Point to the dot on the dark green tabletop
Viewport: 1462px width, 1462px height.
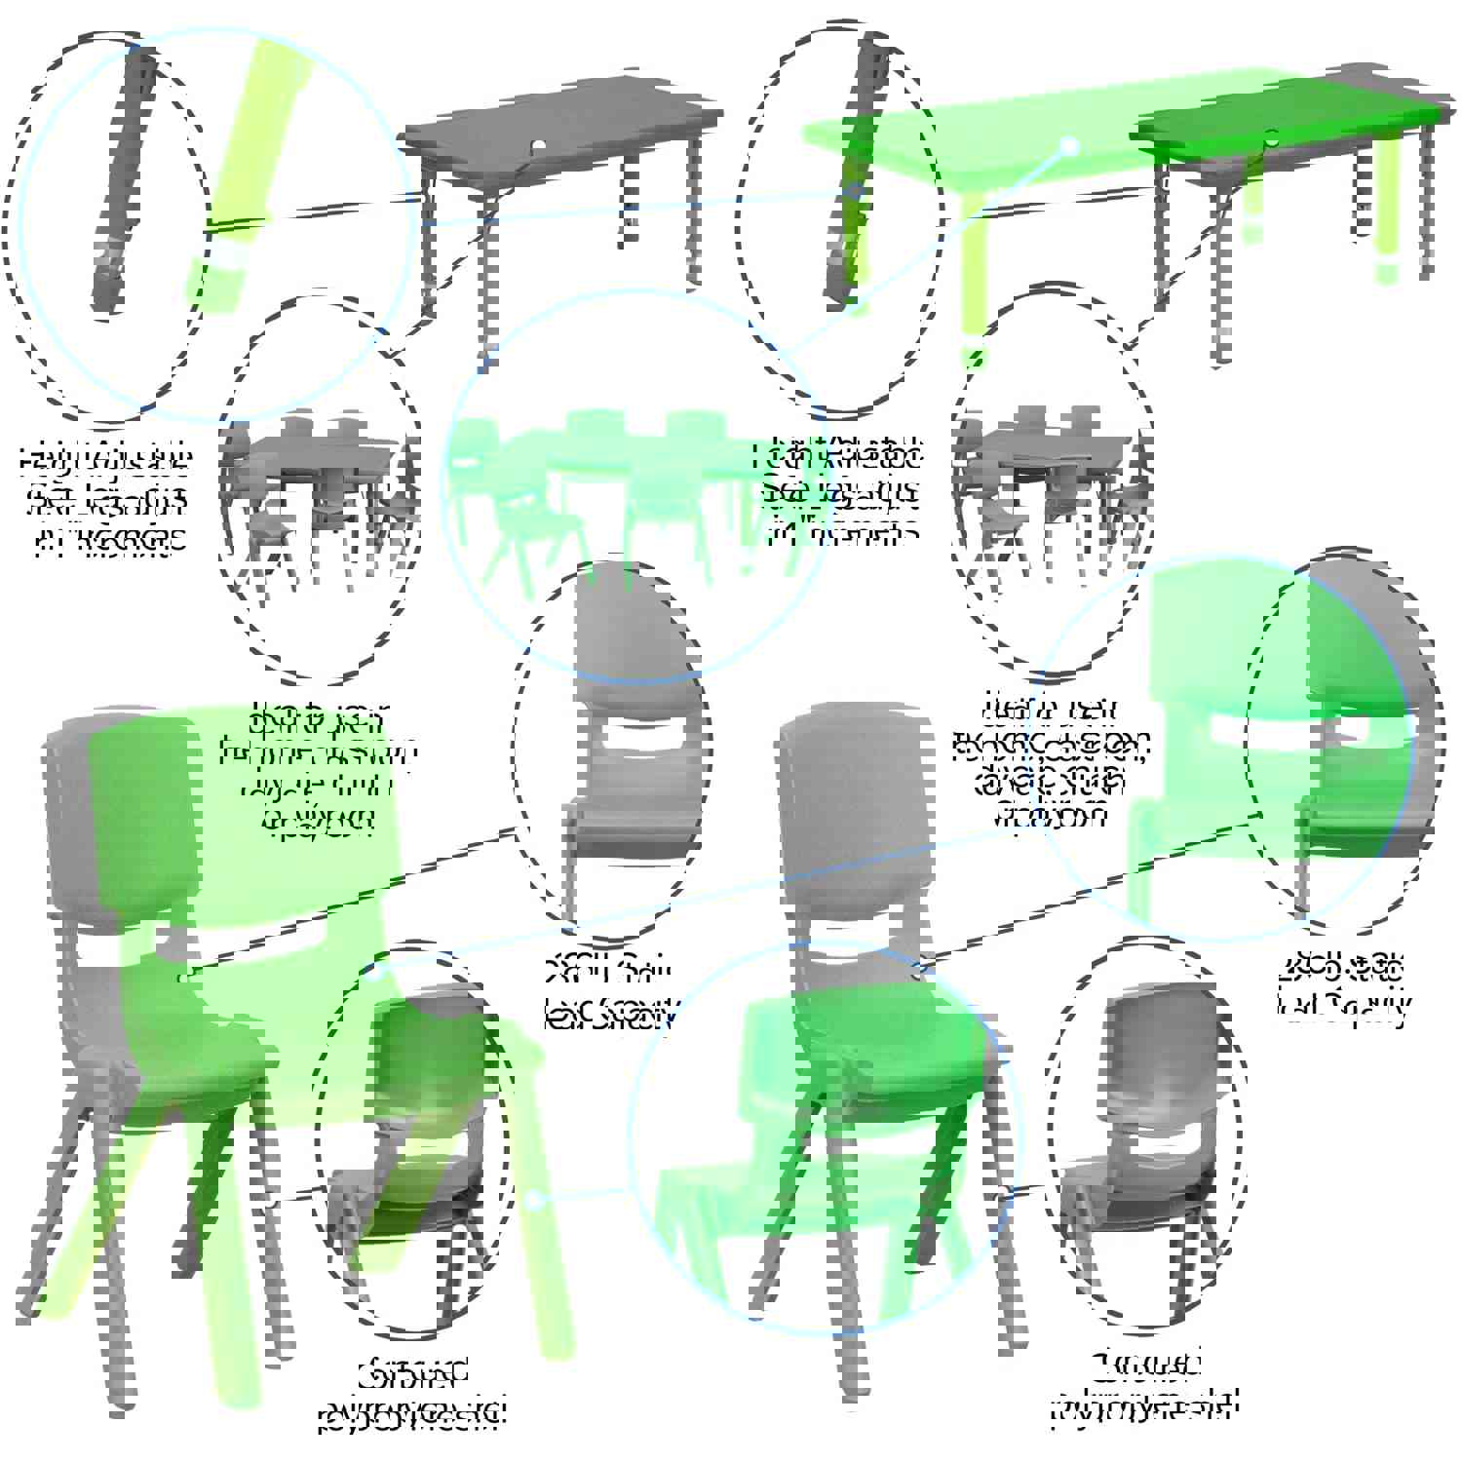(1271, 135)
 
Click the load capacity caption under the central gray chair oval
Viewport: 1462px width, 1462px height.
(609, 994)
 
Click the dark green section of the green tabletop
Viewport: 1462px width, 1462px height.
(1345, 107)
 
